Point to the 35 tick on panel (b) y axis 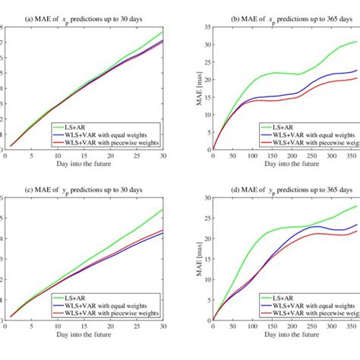[x=204, y=28]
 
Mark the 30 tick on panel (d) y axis [x=204, y=199]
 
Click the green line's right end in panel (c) [x=163, y=210]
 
